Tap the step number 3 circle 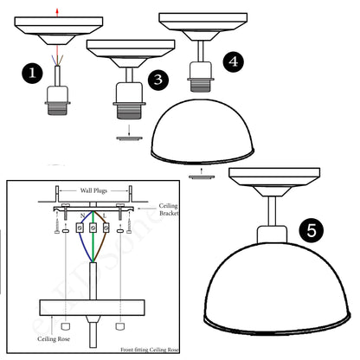(x=157, y=80)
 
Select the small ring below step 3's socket (x=126, y=135)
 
